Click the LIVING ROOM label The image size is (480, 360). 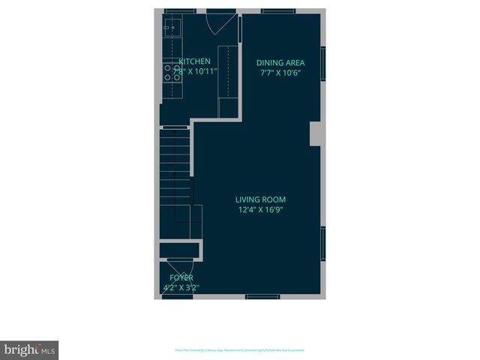[260, 199]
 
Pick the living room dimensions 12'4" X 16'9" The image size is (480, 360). [260, 210]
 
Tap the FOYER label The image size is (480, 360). [181, 277]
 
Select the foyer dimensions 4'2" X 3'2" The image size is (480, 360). [181, 287]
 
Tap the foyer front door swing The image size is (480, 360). [181, 268]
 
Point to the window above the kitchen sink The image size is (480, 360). [175, 11]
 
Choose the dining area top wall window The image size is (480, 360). [272, 11]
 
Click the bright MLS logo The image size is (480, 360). [29, 349]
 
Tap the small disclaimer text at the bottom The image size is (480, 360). [239, 350]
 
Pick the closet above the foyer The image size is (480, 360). [178, 250]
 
